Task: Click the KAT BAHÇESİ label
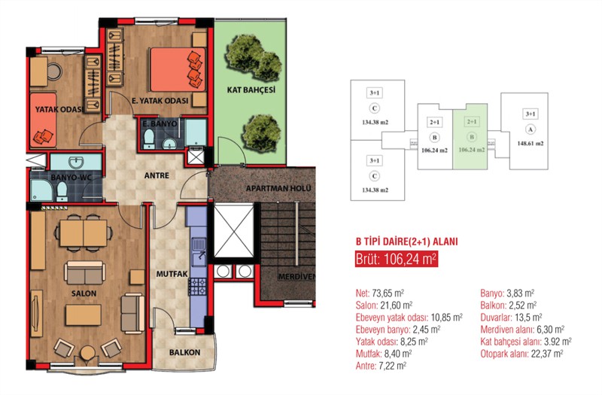point(251,90)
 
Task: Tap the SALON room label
point(84,293)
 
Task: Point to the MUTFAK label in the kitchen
point(172,274)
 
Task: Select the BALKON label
point(184,352)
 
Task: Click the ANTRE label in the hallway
point(157,175)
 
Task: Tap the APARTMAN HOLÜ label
point(278,189)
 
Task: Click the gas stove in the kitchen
point(197,287)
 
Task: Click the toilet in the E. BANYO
point(149,138)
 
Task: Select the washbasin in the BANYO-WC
point(76,162)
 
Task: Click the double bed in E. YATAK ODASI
point(178,69)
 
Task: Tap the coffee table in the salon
point(84,314)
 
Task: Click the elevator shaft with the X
point(233,231)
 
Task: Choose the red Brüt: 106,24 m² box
point(397,259)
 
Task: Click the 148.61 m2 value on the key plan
point(531,144)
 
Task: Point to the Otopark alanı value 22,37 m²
point(547,354)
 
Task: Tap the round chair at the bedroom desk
point(54,71)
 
